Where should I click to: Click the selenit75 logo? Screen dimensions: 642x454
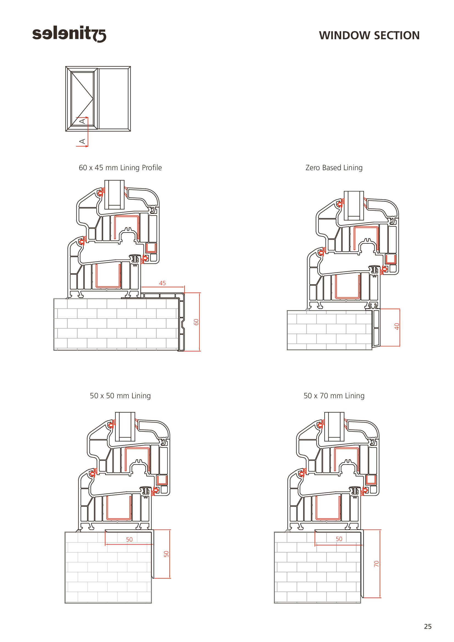tap(69, 34)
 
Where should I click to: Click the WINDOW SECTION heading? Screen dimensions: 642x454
tap(369, 35)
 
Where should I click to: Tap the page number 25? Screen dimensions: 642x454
tap(428, 626)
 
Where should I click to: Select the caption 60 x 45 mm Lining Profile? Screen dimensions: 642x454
tap(120, 168)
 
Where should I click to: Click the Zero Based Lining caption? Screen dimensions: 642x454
tap(334, 168)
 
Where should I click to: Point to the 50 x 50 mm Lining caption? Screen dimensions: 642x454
tap(120, 396)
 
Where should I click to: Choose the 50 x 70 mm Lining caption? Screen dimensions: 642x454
tap(334, 396)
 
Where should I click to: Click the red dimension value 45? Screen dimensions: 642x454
tap(162, 283)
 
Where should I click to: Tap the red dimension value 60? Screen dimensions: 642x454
tap(196, 322)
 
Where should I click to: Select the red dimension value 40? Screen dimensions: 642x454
tap(397, 326)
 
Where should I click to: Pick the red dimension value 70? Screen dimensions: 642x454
tap(377, 564)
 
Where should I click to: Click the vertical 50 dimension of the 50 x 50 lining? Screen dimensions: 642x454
tap(166, 554)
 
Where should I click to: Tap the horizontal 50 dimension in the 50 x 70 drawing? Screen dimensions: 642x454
tap(339, 539)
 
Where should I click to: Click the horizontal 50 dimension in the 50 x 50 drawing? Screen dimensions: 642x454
tap(130, 539)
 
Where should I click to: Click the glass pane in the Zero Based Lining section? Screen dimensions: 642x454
tap(354, 206)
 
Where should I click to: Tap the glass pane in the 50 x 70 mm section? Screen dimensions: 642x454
tap(334, 427)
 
